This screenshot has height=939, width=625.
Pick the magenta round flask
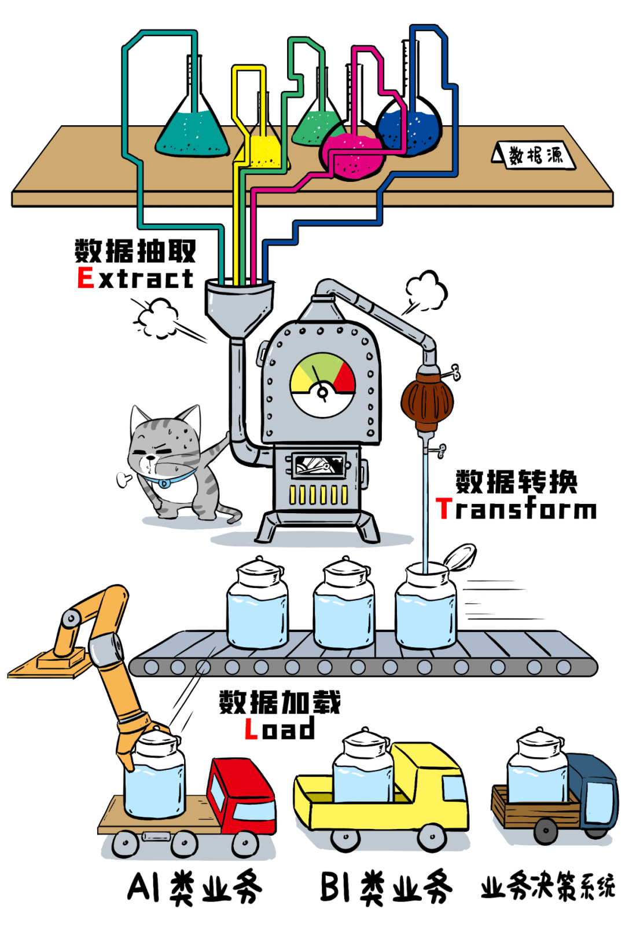(351, 155)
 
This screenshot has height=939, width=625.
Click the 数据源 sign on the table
(535, 155)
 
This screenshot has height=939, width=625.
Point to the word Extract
(135, 278)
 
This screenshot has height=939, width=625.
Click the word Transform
(516, 509)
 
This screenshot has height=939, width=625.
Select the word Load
(280, 729)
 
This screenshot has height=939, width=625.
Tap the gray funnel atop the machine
(238, 304)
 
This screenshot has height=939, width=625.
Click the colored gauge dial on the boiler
(323, 383)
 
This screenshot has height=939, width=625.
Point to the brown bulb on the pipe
(427, 400)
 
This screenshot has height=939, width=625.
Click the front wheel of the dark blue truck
(545, 831)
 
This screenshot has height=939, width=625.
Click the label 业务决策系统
(547, 886)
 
